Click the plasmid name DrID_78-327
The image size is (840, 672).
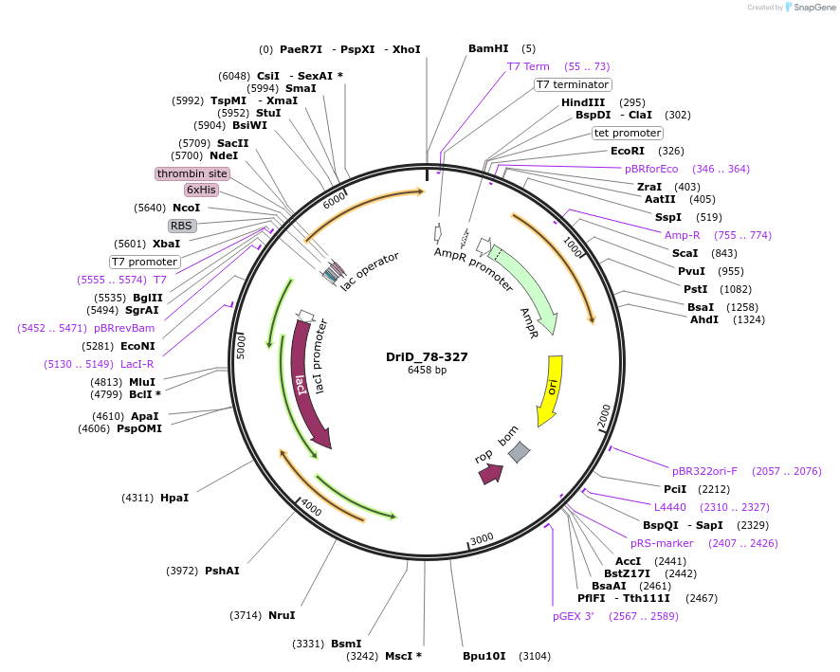tap(427, 357)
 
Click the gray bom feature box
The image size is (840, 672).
tap(519, 453)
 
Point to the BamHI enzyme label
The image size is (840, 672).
tap(488, 48)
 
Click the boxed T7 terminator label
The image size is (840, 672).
tap(573, 84)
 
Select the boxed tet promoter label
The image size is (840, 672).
tap(627, 133)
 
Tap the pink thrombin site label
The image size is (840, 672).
tap(192, 173)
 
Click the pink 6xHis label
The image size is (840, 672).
tap(201, 190)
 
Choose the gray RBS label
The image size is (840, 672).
tap(181, 226)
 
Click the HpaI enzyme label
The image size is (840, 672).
tap(174, 498)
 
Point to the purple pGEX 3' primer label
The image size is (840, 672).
tap(573, 616)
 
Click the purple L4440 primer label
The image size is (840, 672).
tap(670, 507)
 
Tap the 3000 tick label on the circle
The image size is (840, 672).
tap(482, 538)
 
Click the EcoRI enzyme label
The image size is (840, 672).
tap(627, 151)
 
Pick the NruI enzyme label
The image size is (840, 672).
tap(282, 615)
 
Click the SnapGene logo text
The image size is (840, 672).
tap(814, 8)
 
